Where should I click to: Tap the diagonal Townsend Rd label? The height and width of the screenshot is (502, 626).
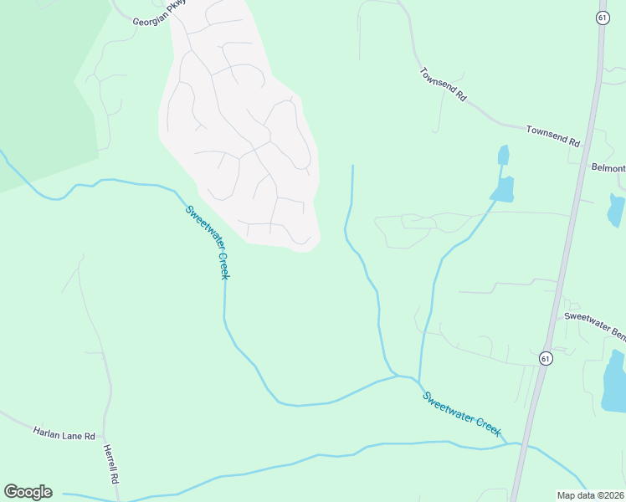click(442, 84)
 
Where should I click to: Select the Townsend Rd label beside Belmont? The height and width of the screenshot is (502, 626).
click(552, 135)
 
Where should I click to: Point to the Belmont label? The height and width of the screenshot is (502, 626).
click(608, 168)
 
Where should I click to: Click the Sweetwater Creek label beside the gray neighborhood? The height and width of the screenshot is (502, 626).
click(207, 243)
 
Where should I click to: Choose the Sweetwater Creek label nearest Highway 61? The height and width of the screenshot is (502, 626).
click(462, 414)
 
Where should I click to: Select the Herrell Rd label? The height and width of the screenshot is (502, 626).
click(111, 465)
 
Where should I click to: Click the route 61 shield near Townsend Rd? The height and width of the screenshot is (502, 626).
click(602, 18)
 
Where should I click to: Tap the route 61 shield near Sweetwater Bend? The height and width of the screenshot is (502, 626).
click(546, 357)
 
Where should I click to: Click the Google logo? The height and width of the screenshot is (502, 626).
click(28, 492)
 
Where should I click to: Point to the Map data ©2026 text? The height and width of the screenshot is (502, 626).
click(590, 495)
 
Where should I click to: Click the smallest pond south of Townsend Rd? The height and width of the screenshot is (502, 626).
click(503, 156)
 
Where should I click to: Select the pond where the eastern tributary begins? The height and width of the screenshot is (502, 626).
click(502, 190)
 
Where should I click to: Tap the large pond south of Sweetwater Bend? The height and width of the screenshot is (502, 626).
click(614, 382)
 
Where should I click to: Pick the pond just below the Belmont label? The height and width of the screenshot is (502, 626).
click(616, 211)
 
